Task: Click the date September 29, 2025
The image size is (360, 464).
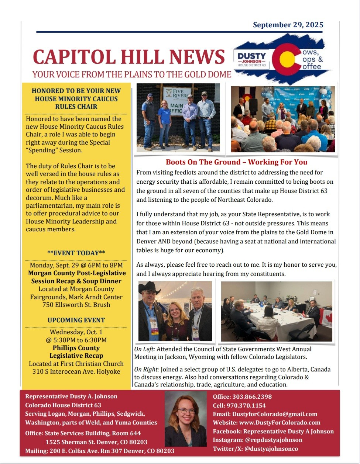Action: click(288, 25)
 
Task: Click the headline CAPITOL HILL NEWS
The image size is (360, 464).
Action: click(129, 57)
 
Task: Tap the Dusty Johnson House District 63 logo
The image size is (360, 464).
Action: click(251, 59)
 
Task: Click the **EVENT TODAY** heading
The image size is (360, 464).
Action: click(76, 253)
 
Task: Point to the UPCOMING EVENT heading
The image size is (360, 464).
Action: click(76, 320)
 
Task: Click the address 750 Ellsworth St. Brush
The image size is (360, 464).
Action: click(76, 305)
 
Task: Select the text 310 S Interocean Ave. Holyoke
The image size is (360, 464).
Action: click(76, 371)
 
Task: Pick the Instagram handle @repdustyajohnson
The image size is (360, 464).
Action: click(274, 440)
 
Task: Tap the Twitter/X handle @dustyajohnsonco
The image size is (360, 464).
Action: click(271, 449)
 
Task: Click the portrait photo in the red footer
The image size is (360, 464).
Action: click(186, 419)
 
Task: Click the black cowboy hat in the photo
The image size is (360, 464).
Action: click(149, 288)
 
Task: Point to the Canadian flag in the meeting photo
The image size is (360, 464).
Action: click(327, 318)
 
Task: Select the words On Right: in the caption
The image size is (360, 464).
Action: click(147, 369)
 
